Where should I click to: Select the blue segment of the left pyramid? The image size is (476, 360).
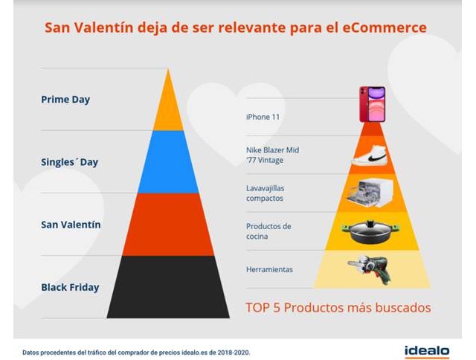[x=168, y=161]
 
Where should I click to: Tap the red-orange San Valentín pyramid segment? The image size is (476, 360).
[x=168, y=224]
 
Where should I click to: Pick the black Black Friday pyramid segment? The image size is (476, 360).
[x=168, y=286]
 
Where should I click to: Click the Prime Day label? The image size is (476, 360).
[x=65, y=99]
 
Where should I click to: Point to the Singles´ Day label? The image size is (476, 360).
[x=70, y=161]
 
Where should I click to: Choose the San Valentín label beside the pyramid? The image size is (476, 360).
[x=71, y=224]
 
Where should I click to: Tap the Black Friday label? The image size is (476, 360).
[x=71, y=286]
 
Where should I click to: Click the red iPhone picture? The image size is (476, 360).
[x=372, y=104]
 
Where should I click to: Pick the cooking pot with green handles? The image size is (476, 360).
[x=372, y=231]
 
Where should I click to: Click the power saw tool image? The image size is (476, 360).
[x=372, y=269]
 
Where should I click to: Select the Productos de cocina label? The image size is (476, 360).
[x=268, y=231]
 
